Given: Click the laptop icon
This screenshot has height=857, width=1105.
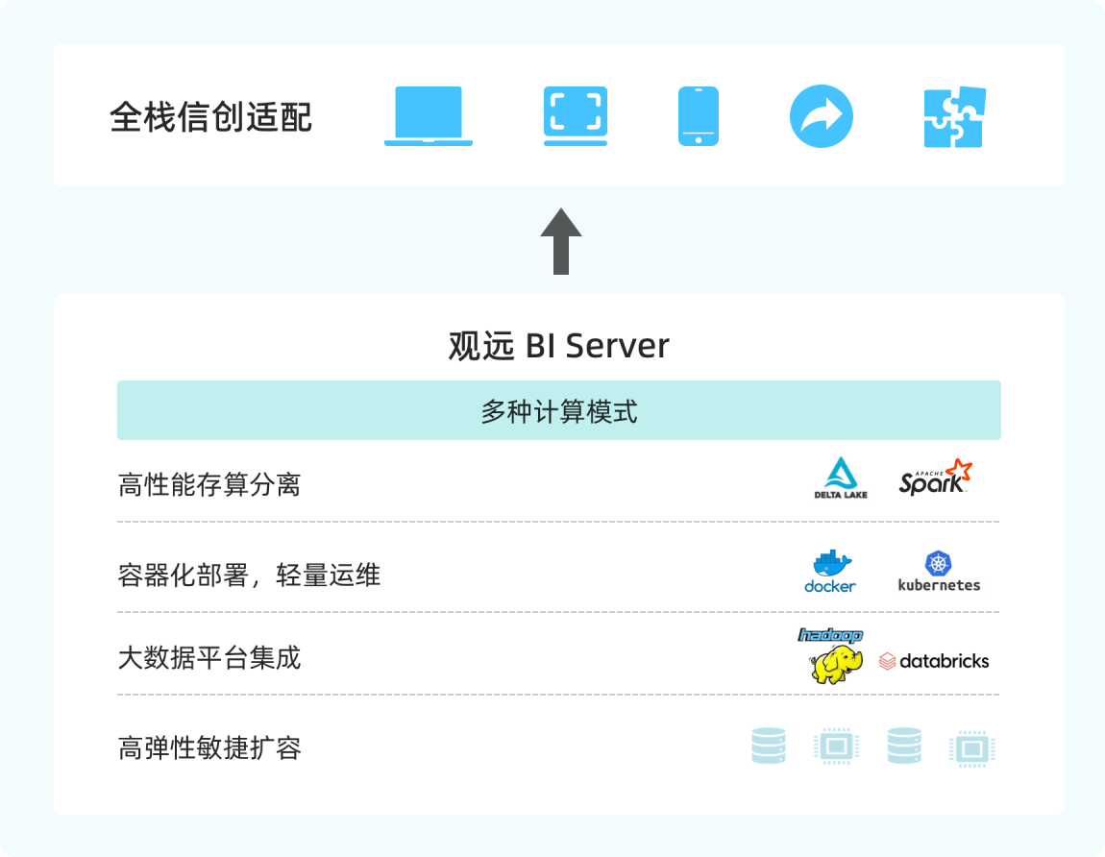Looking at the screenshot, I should click(429, 116).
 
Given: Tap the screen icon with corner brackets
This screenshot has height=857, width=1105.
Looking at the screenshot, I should click(576, 116).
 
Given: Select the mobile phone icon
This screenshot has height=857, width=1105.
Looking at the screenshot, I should click(699, 116).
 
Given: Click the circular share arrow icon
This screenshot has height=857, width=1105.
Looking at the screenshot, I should click(822, 117).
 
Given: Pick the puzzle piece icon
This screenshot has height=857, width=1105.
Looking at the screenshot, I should click(954, 117).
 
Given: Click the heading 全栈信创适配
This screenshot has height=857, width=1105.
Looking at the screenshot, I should click(211, 117).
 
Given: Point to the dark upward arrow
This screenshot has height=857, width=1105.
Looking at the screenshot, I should click(561, 241).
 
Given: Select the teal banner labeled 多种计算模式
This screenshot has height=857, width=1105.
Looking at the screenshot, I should click(559, 411).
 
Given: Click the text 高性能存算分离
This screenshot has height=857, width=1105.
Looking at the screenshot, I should click(209, 485).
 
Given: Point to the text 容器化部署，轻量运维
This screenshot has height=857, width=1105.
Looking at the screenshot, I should click(249, 575).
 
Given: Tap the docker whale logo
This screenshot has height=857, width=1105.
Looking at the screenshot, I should click(830, 570).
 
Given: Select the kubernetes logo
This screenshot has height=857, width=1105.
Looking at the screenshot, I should click(939, 571).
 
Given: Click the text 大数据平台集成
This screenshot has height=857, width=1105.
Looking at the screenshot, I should click(209, 658).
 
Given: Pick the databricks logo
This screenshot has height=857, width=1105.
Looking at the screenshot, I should click(934, 661).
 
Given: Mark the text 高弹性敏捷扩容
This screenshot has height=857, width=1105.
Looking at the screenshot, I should click(209, 747).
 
